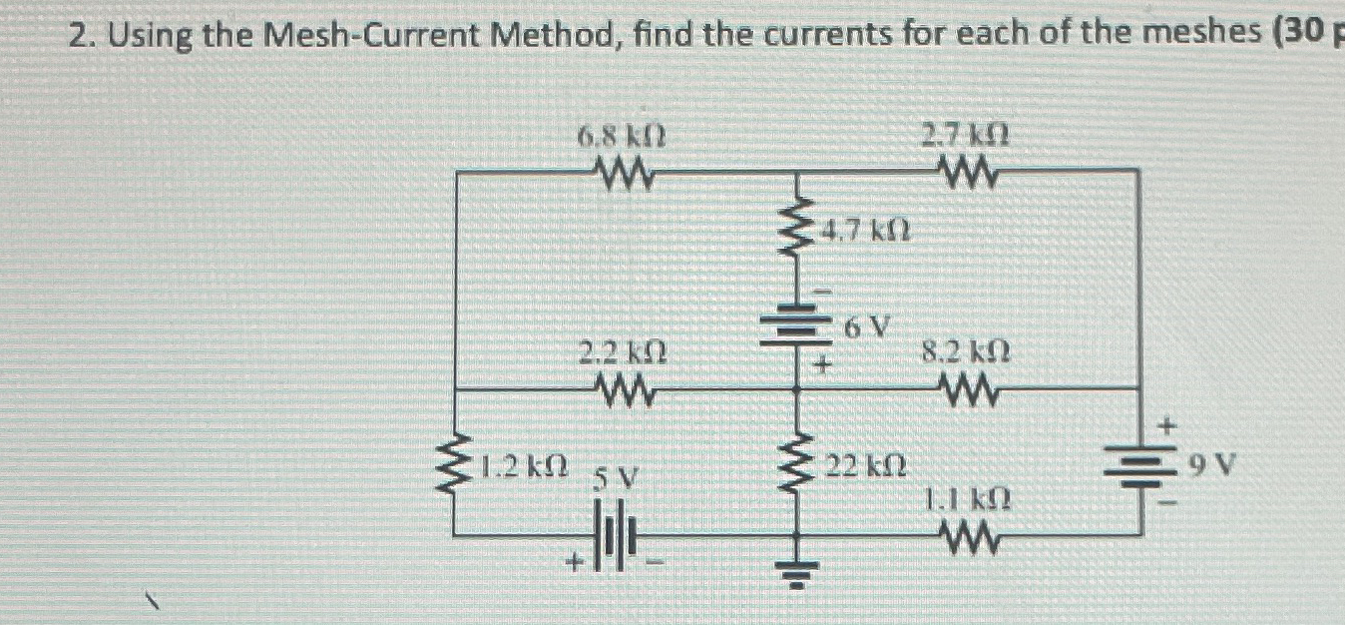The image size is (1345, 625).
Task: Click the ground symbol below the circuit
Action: tap(796, 573)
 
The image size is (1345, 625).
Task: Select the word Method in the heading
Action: tap(551, 36)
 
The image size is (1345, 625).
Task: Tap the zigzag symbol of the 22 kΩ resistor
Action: tap(796, 467)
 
